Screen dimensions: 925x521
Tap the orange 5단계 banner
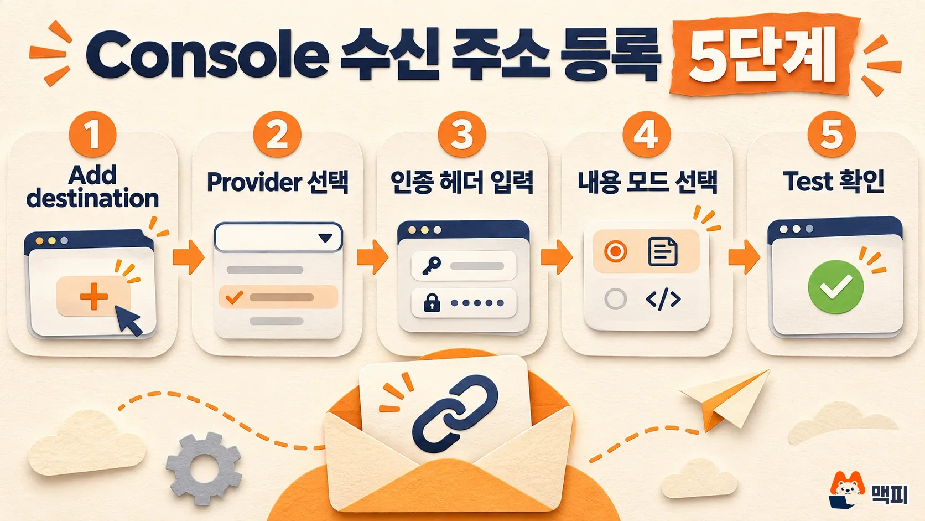coord(764,56)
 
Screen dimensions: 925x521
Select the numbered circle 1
coord(92,135)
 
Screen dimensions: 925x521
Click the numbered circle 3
coord(462,135)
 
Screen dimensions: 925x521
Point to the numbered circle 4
coord(646,135)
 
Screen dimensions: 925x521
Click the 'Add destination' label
coord(92,187)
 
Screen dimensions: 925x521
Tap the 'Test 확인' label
coord(833,182)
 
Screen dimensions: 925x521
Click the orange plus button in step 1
coord(93,296)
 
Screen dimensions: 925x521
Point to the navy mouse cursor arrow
coord(129,320)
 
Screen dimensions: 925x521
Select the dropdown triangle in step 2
coord(325,238)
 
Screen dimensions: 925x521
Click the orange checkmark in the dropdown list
coord(234,297)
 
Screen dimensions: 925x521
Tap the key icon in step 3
coord(432,266)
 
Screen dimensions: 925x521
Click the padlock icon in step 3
coord(432,302)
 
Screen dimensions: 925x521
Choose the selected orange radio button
coord(615,251)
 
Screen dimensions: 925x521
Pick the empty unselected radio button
coord(615,298)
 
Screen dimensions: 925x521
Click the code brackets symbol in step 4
coord(663,300)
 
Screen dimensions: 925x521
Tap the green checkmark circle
coord(835,287)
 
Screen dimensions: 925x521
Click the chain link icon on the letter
coord(455,413)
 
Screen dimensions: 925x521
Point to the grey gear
coord(204,468)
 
